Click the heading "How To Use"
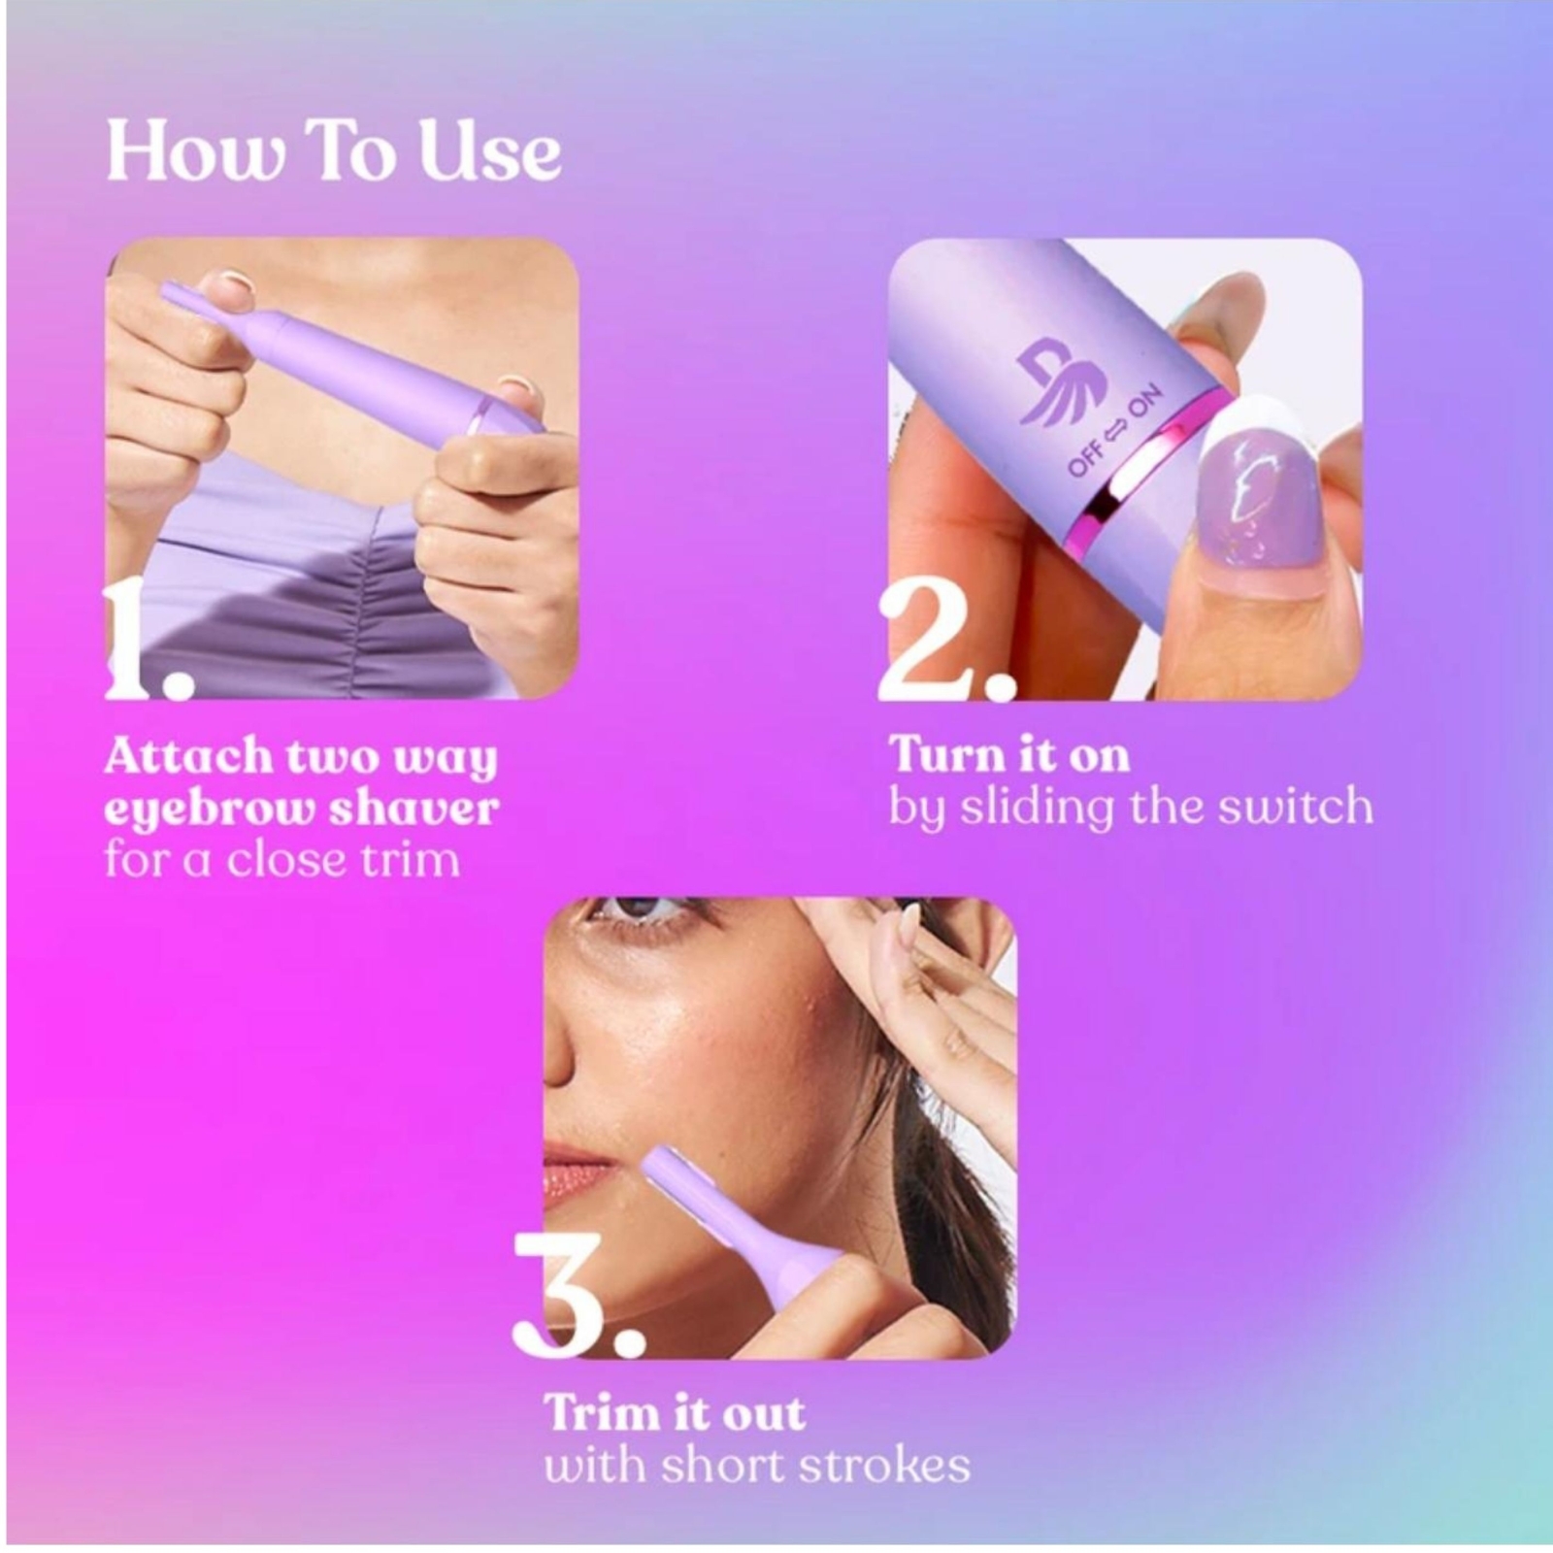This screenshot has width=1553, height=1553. [333, 150]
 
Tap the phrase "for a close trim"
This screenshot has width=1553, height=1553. [281, 860]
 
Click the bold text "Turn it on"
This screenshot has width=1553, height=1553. [1009, 755]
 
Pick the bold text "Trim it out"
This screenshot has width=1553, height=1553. [675, 1413]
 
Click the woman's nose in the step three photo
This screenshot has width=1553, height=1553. [557, 1048]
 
